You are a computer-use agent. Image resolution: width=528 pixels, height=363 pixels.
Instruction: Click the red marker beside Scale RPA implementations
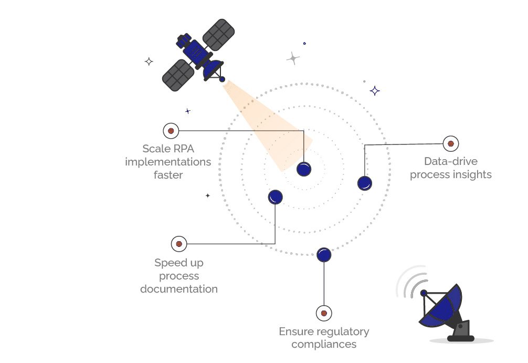[171, 130]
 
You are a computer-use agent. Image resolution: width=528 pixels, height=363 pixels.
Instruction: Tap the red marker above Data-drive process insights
[450, 143]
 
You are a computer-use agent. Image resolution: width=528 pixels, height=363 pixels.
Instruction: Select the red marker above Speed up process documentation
[179, 244]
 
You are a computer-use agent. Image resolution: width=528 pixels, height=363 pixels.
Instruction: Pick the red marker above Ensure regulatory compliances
[324, 314]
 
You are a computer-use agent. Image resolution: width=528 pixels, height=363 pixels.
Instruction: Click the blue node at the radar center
[304, 169]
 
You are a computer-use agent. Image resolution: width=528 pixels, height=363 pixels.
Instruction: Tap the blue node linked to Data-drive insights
[365, 183]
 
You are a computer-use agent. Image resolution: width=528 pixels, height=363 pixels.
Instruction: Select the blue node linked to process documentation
[276, 197]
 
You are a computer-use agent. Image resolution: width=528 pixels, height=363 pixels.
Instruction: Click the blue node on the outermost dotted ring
[324, 255]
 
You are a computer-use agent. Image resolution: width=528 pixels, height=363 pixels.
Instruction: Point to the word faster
[168, 175]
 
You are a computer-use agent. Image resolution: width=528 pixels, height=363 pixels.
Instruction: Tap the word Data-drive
[451, 161]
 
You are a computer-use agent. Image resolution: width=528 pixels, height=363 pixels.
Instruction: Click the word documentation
[178, 289]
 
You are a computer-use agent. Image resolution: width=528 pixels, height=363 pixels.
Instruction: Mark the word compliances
[324, 345]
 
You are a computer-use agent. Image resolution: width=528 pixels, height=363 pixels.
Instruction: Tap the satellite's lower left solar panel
[178, 75]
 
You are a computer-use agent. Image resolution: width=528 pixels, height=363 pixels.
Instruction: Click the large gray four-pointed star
[293, 58]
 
